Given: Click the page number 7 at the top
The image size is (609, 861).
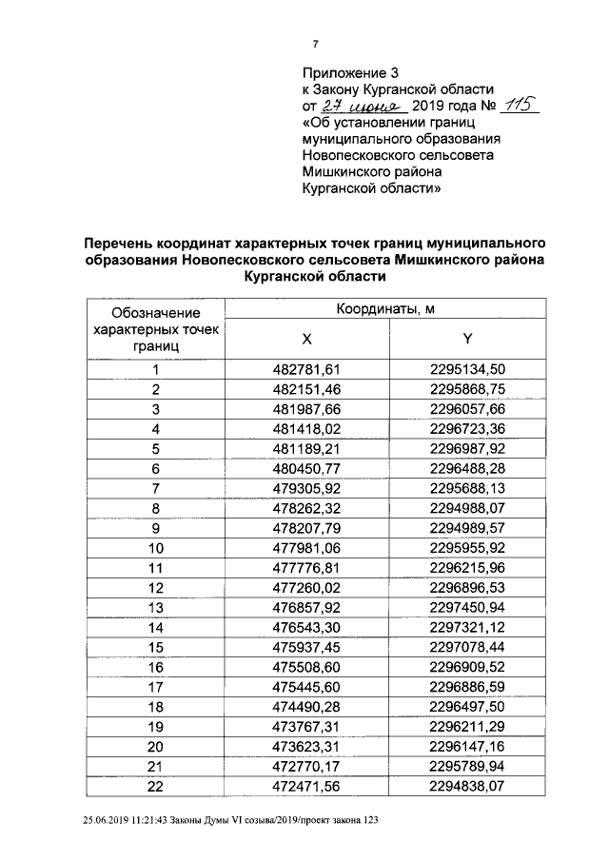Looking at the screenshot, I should [315, 43].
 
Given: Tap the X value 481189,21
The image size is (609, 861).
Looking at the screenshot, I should [306, 448].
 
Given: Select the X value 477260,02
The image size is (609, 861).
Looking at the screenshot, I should [306, 587].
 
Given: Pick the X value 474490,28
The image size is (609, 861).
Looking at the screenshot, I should [306, 707].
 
